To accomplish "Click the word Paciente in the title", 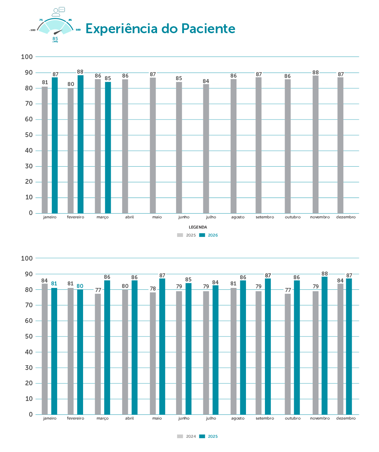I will pos(208,28).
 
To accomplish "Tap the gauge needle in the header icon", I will pos(58,32).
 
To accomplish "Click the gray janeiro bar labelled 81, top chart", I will pos(45,149).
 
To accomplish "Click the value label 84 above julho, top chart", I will pos(206,81).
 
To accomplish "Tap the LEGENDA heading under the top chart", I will pos(198,227).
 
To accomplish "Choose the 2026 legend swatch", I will pos(202,235).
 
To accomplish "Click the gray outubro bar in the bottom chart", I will pos(288,354).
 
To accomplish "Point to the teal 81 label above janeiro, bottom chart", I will pos(54,284).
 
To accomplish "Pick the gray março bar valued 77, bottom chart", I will pos(98,354).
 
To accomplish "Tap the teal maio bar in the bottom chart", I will pos(162,346).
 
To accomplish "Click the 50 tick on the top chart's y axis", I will pos(29,135).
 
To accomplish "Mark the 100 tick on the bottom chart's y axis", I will pos(27,258).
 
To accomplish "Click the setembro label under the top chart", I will pos(265,217).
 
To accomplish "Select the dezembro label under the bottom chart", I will pos(346,418).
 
